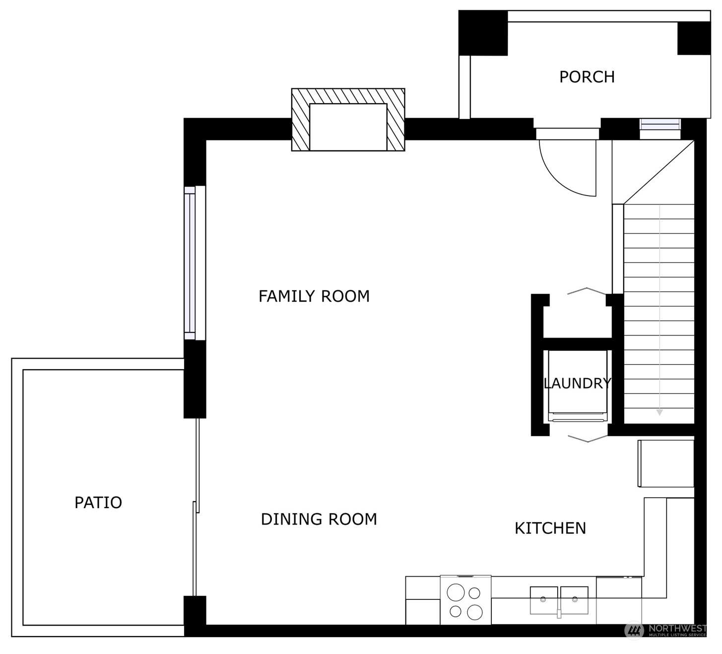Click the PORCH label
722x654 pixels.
pos(587,77)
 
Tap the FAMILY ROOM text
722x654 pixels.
pos(314,297)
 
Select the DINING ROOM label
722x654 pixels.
pos(319,520)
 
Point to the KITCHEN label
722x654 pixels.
pos(550,529)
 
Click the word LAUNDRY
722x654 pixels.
pos(577,384)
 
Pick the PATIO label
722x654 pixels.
pos(98,503)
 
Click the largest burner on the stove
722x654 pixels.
pos(456,592)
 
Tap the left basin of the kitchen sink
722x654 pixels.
pos(543,600)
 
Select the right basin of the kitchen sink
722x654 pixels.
pos(575,600)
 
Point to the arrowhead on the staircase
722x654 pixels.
pos(659,412)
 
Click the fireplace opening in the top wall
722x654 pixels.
pos(348,127)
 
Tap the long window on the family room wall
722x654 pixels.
pos(195,263)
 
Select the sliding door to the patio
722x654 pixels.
pos(197,508)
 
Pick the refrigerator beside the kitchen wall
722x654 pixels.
pos(666,463)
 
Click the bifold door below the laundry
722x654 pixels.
pos(588,439)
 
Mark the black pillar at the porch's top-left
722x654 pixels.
pos(483,33)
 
